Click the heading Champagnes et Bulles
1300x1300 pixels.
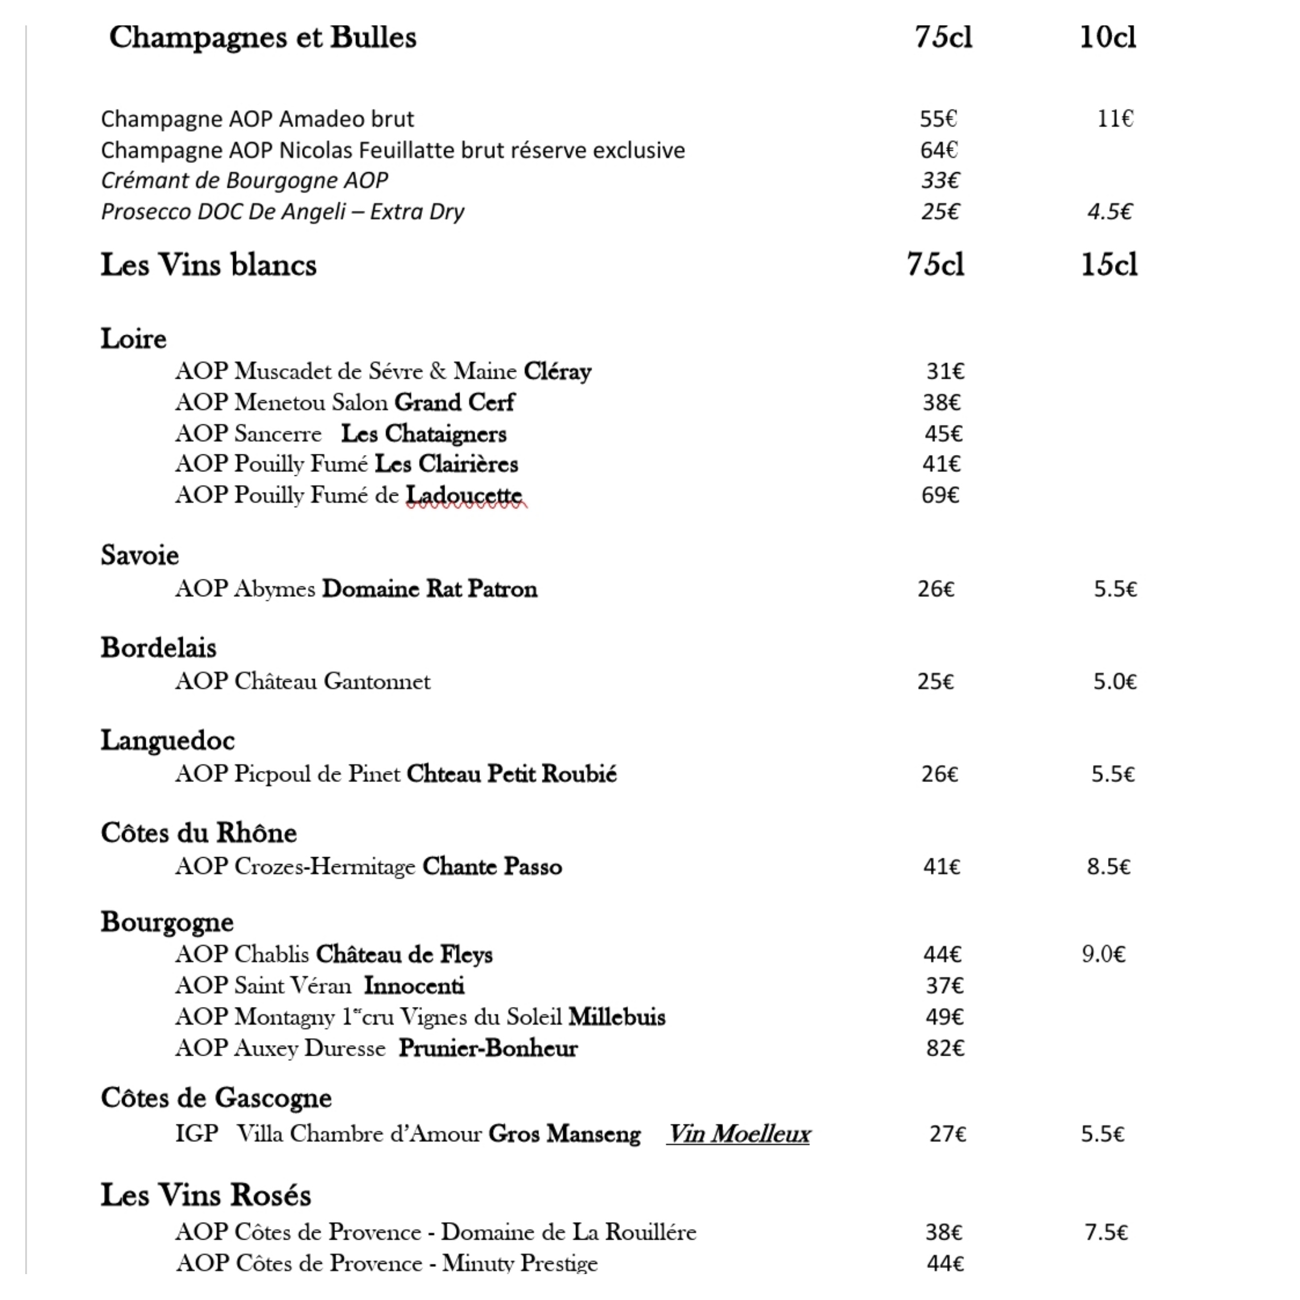(263, 38)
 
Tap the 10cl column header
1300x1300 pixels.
(1108, 38)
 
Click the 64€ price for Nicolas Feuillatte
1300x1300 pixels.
(938, 150)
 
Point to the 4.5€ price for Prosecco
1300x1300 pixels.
(1110, 212)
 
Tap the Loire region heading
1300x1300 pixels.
(133, 339)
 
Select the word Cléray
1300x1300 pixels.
(557, 371)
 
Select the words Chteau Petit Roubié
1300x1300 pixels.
(511, 774)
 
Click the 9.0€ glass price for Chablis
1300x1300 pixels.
(1103, 955)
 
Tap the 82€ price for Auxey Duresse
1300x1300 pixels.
(945, 1048)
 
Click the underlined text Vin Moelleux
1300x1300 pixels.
(739, 1134)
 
